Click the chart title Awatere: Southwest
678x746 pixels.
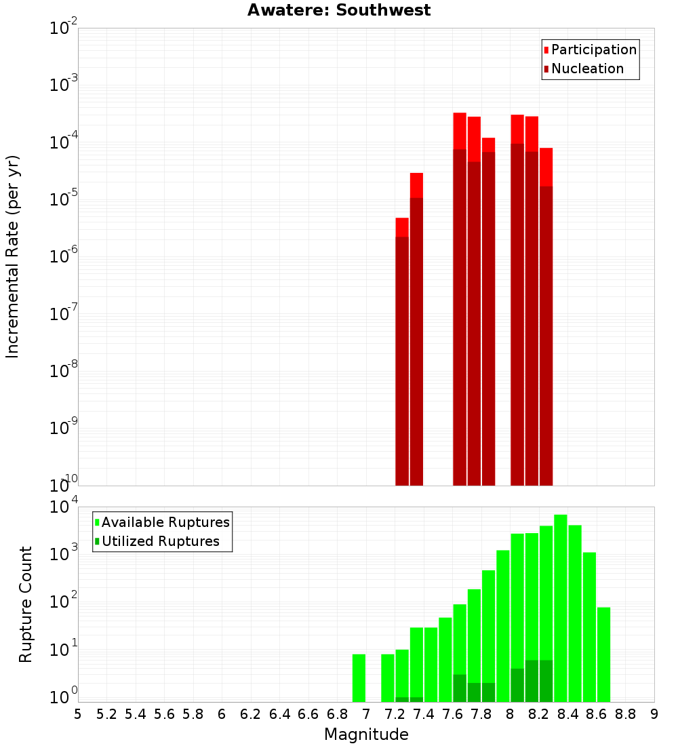[x=339, y=10]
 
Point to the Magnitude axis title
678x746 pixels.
[x=366, y=734]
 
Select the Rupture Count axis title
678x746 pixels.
[x=26, y=604]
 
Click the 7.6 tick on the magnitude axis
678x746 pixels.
[x=453, y=714]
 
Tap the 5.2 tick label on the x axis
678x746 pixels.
[x=107, y=714]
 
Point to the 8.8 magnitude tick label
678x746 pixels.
[x=626, y=714]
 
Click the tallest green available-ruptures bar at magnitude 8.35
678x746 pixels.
[x=561, y=610]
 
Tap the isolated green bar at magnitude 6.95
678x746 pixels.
[x=359, y=678]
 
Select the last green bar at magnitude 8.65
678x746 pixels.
[x=603, y=654]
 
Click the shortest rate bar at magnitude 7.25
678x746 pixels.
[x=402, y=353]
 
